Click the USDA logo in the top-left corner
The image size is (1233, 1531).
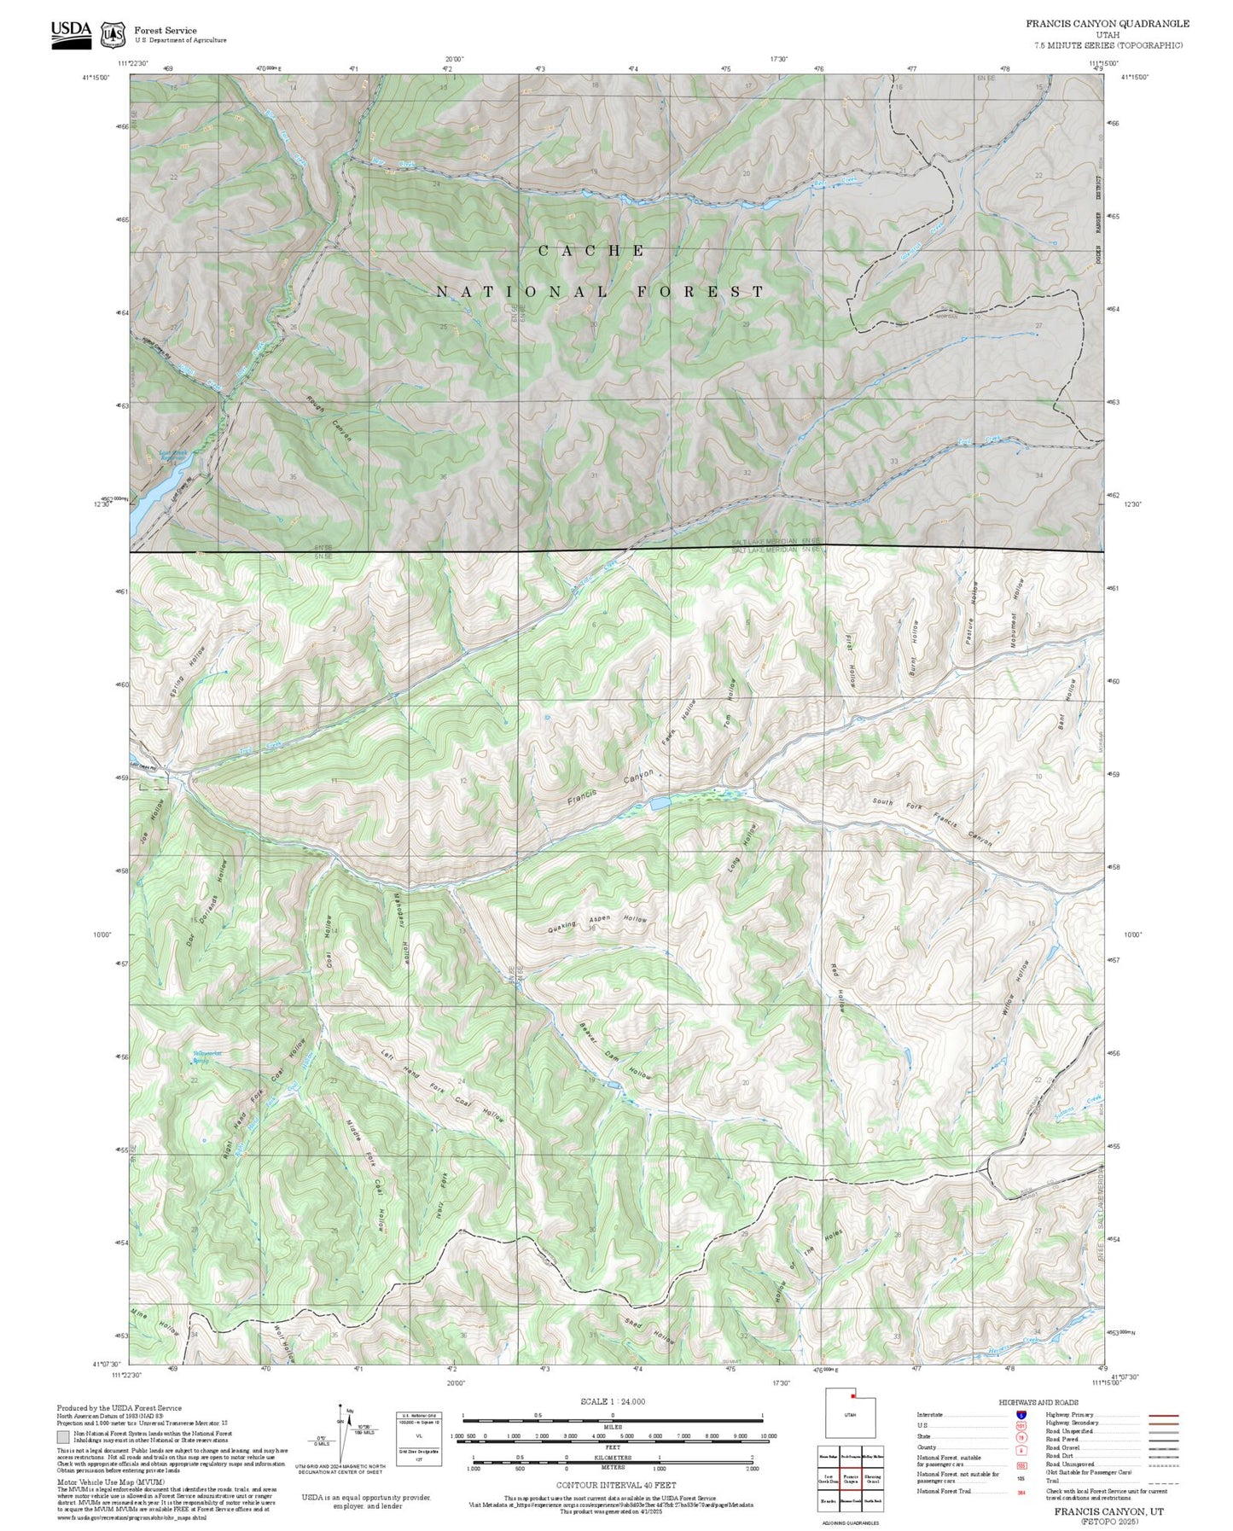(71, 34)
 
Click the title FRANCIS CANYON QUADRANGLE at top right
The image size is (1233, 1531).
(1107, 24)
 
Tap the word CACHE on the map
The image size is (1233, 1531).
(592, 251)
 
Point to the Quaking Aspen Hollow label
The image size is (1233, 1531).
(596, 923)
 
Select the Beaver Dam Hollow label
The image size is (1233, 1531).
(614, 1052)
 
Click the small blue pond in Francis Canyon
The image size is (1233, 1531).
(660, 803)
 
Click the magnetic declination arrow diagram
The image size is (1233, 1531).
(341, 1434)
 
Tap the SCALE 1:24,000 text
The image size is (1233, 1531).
(612, 1402)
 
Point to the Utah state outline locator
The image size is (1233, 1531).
(849, 1438)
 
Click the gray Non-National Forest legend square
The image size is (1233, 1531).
(63, 1437)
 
